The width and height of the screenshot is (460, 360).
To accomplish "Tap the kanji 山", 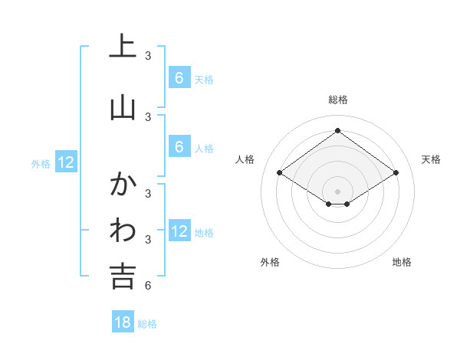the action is point(123,107).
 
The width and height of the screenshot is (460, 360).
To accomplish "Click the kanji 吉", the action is point(123,276).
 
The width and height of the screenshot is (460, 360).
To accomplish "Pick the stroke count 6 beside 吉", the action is point(148,286).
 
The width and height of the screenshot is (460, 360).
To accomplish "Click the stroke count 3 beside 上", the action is point(148,56).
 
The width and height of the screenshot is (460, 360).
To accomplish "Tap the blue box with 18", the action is point(123,322).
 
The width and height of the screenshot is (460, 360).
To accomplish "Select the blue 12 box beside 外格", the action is point(65,162).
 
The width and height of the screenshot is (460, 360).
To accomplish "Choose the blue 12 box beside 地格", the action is point(179,231).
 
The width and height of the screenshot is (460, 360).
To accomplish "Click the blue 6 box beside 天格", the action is point(179,77).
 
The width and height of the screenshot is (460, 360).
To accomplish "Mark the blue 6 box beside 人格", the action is point(179,147).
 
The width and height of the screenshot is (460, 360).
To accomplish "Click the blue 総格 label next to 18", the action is point(148,324).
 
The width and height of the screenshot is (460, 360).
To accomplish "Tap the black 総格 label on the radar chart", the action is point(338,100).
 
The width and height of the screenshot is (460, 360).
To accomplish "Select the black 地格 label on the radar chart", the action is point(402,262).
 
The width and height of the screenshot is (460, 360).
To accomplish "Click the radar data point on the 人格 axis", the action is point(280,173).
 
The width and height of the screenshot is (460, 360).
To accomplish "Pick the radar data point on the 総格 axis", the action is point(338,130).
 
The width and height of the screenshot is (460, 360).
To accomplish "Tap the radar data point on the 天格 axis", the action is point(396,173).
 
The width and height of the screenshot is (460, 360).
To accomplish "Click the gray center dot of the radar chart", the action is point(338,191).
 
